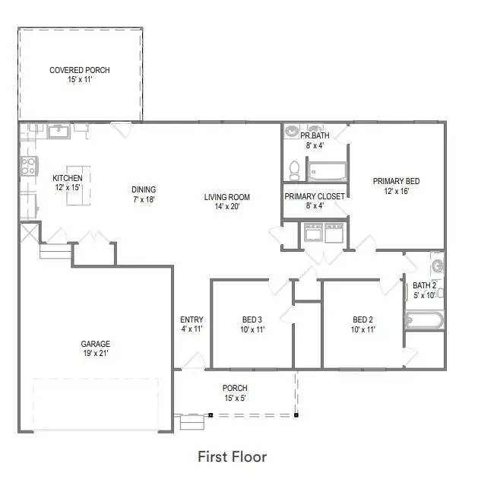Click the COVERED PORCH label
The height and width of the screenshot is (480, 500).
click(79, 70)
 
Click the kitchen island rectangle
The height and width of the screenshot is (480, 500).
click(74, 185)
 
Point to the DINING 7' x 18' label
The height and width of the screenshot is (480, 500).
click(143, 195)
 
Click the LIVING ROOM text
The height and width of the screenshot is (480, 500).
click(226, 197)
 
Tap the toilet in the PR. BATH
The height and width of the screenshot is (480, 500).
click(294, 168)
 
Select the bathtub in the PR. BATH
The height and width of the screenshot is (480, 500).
click(326, 170)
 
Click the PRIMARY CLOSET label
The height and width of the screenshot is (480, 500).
click(315, 196)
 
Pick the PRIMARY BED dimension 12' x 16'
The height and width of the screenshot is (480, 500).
click(396, 192)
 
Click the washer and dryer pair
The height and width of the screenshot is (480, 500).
click(324, 232)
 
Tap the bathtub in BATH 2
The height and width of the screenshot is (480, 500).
click(424, 319)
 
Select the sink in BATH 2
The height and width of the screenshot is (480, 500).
click(438, 265)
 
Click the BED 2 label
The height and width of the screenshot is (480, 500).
click(362, 319)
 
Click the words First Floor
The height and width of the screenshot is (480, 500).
click(232, 456)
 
